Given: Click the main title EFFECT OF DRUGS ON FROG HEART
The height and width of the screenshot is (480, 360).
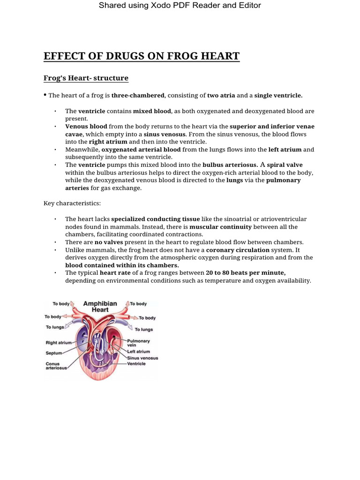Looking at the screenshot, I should tap(142, 57).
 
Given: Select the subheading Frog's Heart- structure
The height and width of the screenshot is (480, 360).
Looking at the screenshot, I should tap(86, 78).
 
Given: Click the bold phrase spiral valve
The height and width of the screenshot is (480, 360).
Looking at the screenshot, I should tap(285, 165).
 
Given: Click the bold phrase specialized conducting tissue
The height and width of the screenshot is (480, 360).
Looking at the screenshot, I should tap(155, 219).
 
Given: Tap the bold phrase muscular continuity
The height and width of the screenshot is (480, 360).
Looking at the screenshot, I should tap(220, 227).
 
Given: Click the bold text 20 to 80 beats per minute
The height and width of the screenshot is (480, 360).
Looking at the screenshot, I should tap(246, 273).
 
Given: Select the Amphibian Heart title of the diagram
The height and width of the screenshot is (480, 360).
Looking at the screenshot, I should tap(100, 307).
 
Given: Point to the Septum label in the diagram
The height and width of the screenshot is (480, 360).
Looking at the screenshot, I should tap(53, 353).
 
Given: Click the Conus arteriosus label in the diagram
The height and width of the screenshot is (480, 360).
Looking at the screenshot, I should tap(56, 366).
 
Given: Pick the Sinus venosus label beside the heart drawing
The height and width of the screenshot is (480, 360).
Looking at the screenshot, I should tap(142, 358).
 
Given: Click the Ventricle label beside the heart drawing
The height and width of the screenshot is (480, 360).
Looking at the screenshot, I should tap(136, 364).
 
